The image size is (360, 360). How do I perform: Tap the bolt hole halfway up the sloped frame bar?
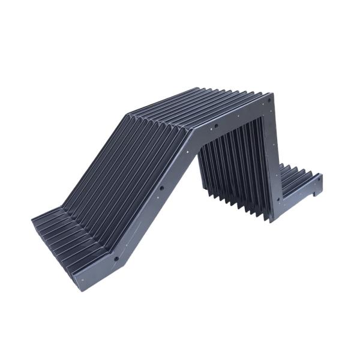pyautogui.click(x=161, y=188)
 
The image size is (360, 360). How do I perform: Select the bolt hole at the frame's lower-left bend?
pyautogui.click(x=116, y=259)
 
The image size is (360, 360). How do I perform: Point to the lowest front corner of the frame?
pyautogui.click(x=80, y=289)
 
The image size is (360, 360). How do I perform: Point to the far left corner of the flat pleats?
pyautogui.click(x=32, y=221)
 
